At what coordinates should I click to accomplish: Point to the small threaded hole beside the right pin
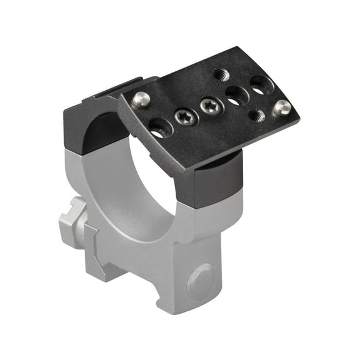click(256, 114)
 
